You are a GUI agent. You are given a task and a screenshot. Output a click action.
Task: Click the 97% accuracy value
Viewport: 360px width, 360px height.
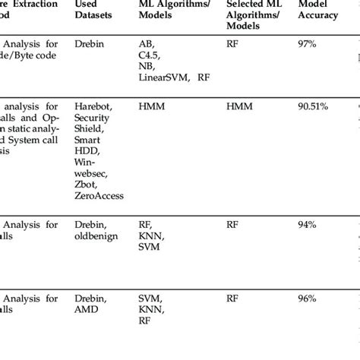click(308, 44)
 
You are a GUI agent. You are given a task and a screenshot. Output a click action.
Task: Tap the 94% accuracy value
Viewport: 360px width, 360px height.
click(308, 224)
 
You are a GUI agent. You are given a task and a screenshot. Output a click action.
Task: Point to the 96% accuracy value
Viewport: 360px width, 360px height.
click(308, 298)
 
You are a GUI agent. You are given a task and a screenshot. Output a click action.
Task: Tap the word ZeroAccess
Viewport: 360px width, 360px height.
click(99, 196)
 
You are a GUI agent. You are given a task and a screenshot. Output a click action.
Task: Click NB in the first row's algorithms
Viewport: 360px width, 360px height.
click(147, 67)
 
